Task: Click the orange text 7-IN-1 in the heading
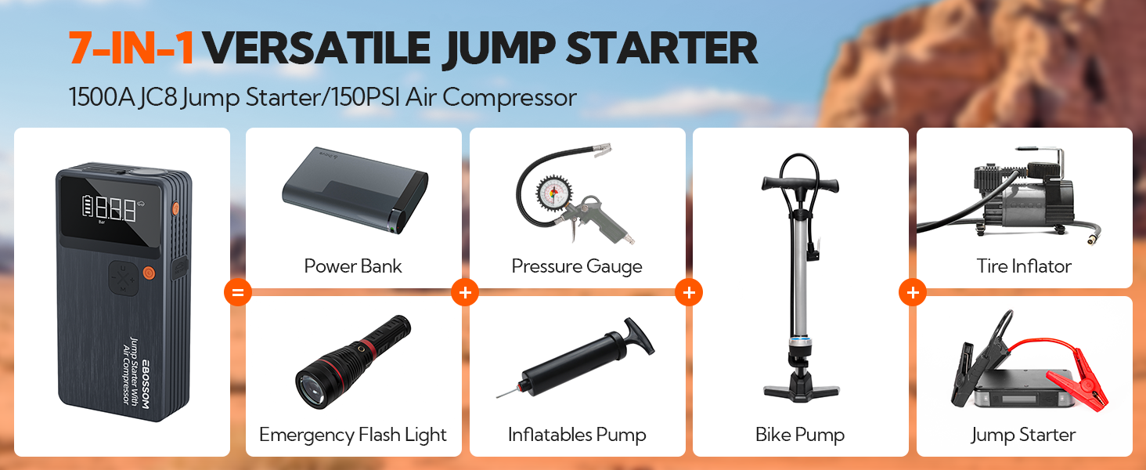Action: [131, 48]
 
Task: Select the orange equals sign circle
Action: [238, 292]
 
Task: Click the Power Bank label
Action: [353, 266]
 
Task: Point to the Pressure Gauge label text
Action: [577, 266]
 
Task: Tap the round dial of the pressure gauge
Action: [553, 194]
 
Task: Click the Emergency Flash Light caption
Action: [352, 435]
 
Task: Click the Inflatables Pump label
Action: [577, 435]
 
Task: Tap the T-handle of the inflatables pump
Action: [639, 335]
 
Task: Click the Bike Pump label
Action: [800, 435]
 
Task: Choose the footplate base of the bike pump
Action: [801, 391]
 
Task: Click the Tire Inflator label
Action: [1024, 266]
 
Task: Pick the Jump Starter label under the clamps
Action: [1023, 435]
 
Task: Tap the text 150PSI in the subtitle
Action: [366, 97]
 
